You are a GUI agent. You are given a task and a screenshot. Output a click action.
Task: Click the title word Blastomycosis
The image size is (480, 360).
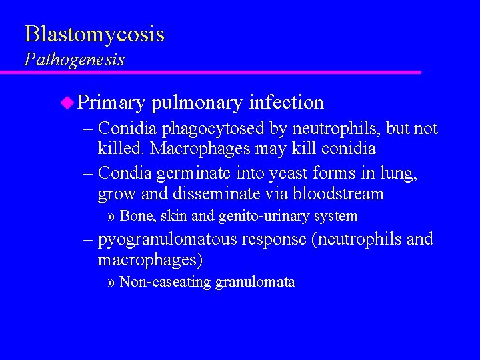click(94, 34)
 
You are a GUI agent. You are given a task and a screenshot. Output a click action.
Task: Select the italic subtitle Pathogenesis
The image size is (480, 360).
click(74, 59)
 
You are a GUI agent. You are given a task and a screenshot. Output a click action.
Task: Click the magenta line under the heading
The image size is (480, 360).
click(220, 72)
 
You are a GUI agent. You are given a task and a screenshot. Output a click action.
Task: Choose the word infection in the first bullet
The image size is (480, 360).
click(286, 102)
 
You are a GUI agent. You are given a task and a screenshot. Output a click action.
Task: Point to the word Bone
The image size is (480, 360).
click(135, 216)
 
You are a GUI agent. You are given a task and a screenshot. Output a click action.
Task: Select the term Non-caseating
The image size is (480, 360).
click(165, 282)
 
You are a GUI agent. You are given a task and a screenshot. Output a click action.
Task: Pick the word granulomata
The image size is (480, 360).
click(255, 283)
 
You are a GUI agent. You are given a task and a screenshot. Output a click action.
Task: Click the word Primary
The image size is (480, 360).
click(111, 103)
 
